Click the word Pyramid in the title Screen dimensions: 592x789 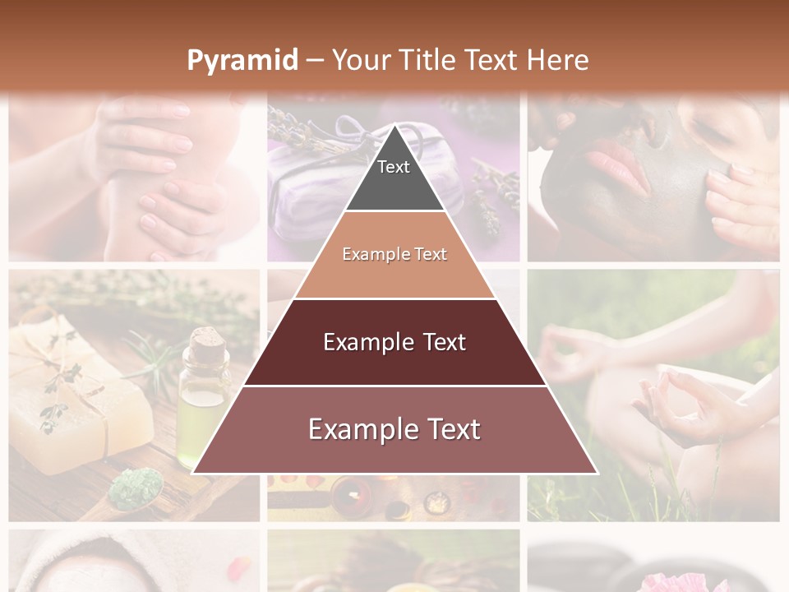pos(242,61)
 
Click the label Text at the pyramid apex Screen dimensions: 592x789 pos(394,167)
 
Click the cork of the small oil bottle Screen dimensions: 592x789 pos(205,338)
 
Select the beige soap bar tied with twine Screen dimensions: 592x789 pos(78,395)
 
